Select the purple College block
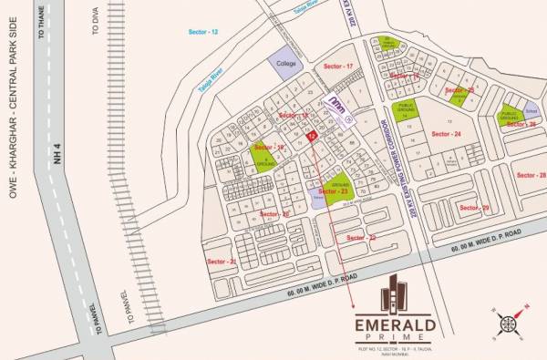click(284, 62)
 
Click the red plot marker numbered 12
click(312, 136)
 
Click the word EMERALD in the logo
click(398, 323)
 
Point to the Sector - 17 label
click(338, 67)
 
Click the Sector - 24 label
click(446, 134)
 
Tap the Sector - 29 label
click(474, 209)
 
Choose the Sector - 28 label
click(530, 175)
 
